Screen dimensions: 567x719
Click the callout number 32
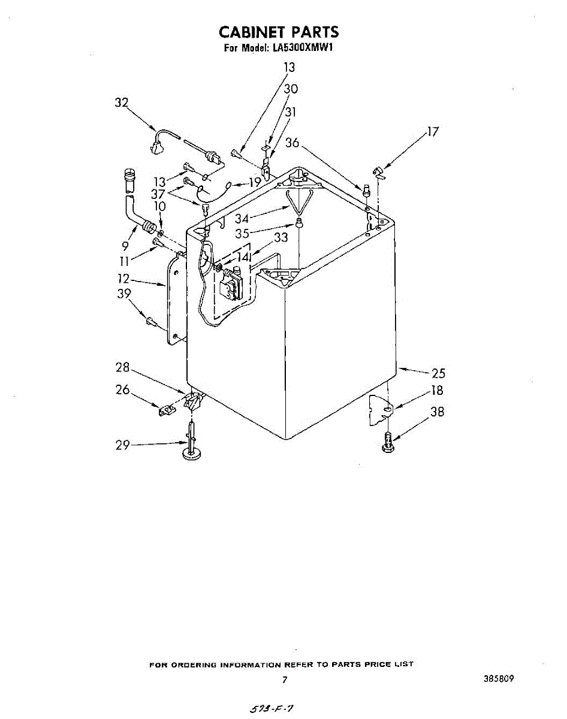(x=122, y=102)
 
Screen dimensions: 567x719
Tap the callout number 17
(x=433, y=132)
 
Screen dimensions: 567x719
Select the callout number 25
(x=439, y=373)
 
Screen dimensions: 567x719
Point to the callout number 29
(x=123, y=446)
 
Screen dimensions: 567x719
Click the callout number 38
(x=438, y=412)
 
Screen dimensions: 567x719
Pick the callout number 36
(x=292, y=143)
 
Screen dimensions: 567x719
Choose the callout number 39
(x=123, y=294)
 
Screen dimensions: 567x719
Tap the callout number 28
(x=123, y=368)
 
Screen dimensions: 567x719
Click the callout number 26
(x=123, y=390)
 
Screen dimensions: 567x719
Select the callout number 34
(x=242, y=219)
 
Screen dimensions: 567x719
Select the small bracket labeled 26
(x=166, y=410)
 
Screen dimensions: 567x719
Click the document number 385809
(x=497, y=679)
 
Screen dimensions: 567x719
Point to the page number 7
(x=285, y=680)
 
